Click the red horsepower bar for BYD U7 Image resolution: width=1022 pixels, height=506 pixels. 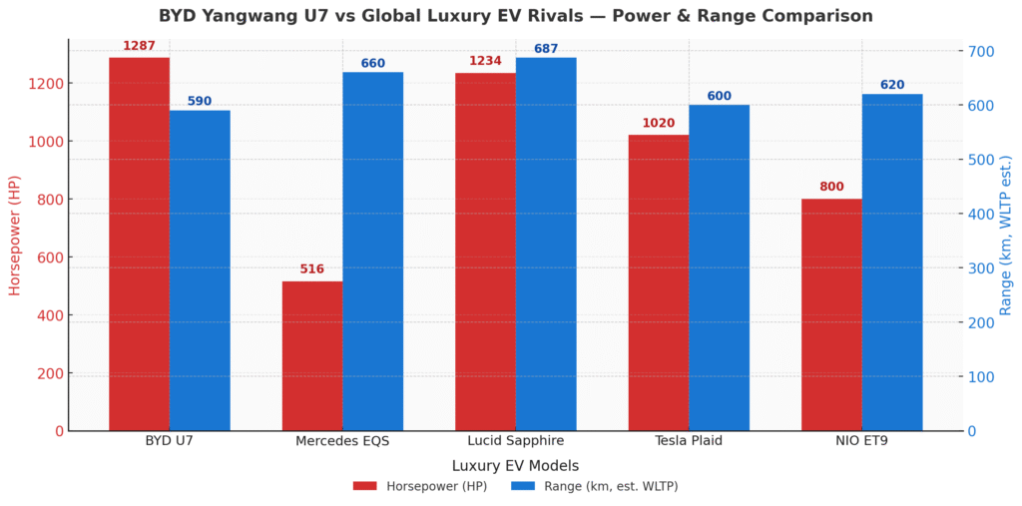tap(139, 245)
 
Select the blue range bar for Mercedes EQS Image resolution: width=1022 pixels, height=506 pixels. tap(372, 252)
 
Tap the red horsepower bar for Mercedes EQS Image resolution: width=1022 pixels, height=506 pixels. tap(312, 356)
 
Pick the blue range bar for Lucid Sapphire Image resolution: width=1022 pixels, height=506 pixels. tap(546, 245)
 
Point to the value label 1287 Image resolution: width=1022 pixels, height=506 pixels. tap(139, 46)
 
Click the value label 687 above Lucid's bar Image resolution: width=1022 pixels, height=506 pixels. tap(546, 48)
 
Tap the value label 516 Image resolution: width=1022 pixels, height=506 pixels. tap(312, 269)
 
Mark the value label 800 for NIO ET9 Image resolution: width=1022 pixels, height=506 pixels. tap(831, 187)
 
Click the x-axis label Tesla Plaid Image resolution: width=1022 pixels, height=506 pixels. tap(689, 441)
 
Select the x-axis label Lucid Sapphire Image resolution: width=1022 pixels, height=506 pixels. tap(516, 441)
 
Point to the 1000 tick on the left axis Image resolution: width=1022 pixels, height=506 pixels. tap(47, 142)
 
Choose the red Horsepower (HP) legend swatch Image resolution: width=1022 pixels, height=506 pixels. tap(365, 486)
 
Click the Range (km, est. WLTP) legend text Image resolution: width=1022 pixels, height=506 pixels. tap(610, 486)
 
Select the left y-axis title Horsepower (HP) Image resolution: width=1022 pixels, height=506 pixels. tap(15, 236)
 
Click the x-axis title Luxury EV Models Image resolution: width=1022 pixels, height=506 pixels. tap(515, 465)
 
